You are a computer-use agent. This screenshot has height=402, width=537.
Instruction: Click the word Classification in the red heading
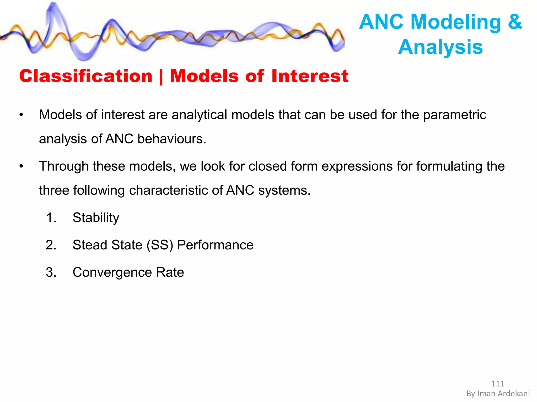[x=86, y=76]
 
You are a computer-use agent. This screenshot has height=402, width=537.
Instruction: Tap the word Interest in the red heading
[x=310, y=76]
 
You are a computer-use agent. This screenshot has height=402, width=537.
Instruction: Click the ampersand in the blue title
[x=515, y=22]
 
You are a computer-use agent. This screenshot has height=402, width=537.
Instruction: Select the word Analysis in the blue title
[x=440, y=47]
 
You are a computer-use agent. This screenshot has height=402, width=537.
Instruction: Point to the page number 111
[x=498, y=384]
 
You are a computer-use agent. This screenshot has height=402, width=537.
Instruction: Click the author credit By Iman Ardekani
[x=498, y=394]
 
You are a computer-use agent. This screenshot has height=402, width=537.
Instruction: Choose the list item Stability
[x=96, y=218]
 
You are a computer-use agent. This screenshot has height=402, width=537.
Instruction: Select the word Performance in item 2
[x=215, y=245]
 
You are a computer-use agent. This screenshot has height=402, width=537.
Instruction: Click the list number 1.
[x=51, y=218]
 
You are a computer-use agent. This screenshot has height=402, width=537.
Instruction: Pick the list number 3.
[x=51, y=272]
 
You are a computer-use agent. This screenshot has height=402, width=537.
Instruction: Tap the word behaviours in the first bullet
[x=171, y=139]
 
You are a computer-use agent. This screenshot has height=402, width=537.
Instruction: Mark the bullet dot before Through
[x=21, y=166]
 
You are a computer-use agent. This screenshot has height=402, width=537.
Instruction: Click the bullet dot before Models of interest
[x=21, y=115]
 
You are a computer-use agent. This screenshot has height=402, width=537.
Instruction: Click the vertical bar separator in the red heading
[x=161, y=77]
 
